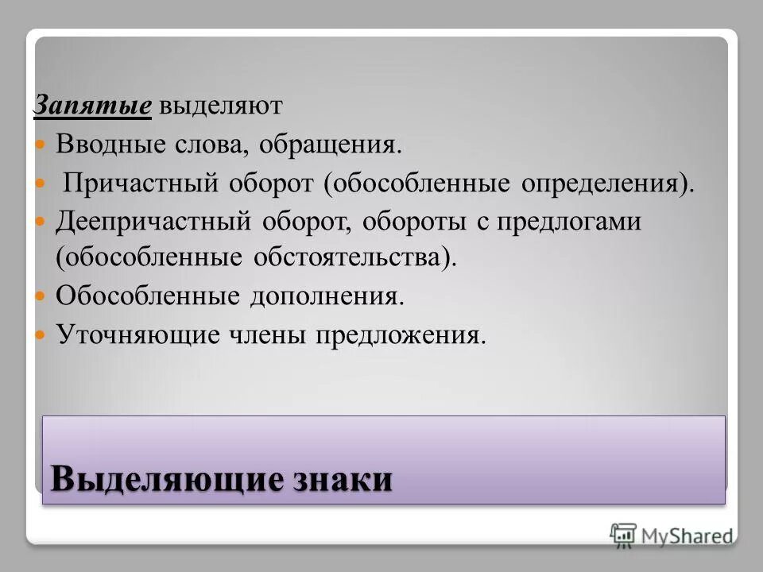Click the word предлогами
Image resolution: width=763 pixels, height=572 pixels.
pyautogui.click(x=568, y=222)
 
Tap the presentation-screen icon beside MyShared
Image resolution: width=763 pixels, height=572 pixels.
pyautogui.click(x=624, y=535)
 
